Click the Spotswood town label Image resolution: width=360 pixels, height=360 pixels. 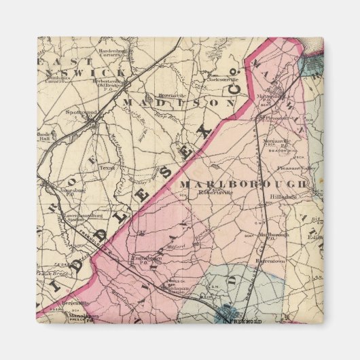coord(79,111)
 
